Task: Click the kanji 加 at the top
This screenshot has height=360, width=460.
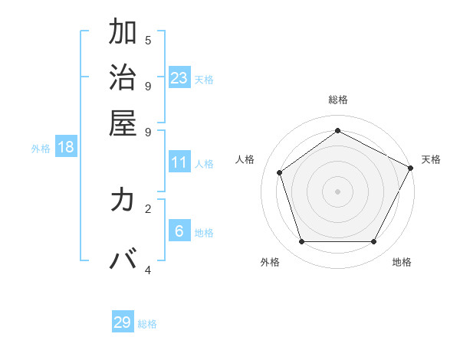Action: [123, 34]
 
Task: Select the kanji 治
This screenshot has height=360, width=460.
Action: [123, 79]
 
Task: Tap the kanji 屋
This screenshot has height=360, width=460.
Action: [123, 124]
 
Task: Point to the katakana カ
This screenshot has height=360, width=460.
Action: [123, 201]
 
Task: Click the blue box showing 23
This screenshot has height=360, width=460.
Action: [179, 77]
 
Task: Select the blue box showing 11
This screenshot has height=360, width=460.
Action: [179, 162]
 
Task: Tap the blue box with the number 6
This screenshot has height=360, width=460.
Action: [179, 231]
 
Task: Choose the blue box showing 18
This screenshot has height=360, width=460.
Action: [66, 147]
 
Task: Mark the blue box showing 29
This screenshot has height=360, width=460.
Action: [123, 322]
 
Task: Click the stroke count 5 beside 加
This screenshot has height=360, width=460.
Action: [148, 40]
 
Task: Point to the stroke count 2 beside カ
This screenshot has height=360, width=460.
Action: [148, 208]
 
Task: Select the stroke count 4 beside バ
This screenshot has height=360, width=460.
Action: [148, 270]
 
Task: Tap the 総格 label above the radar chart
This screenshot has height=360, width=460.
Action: [337, 100]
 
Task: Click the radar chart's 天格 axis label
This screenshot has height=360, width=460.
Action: [431, 159]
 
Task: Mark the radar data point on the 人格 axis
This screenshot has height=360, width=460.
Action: [280, 173]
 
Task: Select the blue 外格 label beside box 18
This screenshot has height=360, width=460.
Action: [41, 149]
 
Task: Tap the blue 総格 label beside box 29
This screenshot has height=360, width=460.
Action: [147, 324]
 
